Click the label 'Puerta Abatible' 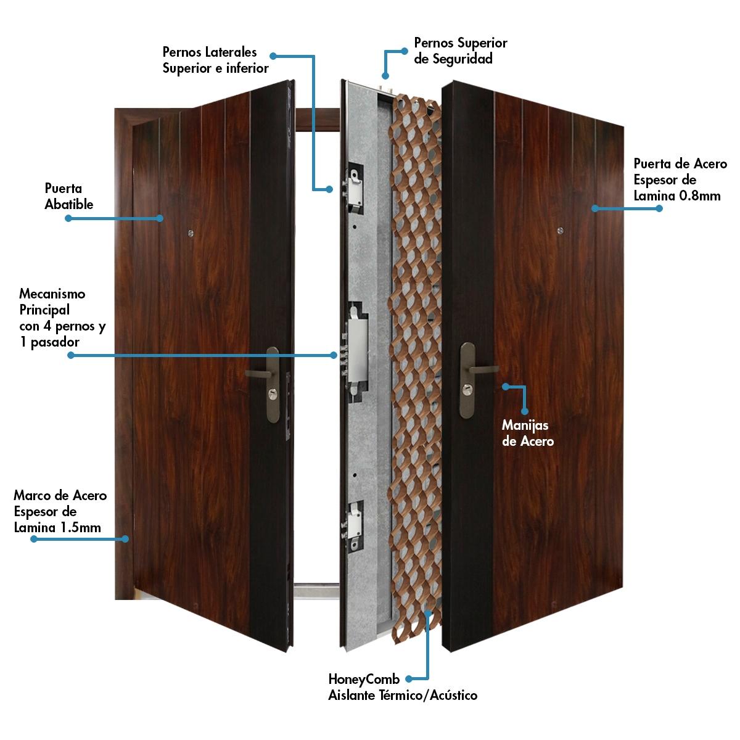pos(68,196)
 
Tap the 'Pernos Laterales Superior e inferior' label pos(215,60)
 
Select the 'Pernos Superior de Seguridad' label pos(461,51)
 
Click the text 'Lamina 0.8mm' pos(677,196)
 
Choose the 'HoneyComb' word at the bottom pos(364,679)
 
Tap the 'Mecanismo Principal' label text pos(52,301)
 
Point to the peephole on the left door pos(190,233)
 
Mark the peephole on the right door pos(559,231)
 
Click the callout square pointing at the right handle pos(504,387)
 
